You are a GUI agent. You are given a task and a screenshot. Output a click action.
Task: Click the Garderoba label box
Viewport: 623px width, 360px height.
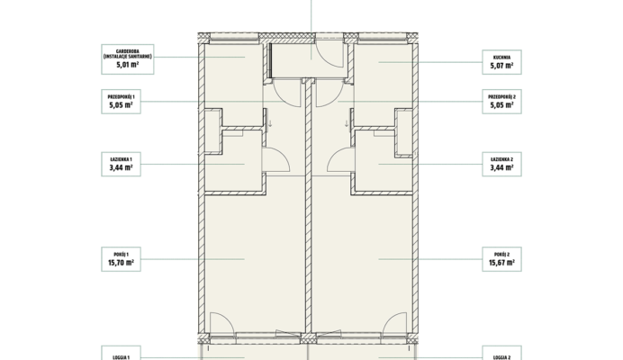(128, 59)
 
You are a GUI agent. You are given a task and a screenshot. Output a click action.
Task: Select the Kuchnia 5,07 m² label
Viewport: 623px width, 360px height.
(501, 62)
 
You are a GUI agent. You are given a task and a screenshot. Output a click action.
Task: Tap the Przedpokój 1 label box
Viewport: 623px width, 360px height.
(122, 102)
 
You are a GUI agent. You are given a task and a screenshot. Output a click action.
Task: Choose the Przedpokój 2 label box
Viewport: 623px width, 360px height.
(501, 102)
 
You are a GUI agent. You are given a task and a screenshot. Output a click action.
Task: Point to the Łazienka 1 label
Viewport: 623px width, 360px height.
(122, 164)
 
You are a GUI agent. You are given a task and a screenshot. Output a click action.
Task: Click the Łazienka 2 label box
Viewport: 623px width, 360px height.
(501, 164)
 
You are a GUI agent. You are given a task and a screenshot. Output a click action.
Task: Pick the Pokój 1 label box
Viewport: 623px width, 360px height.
(122, 259)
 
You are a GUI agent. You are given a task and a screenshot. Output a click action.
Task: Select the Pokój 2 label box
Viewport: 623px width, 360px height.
(501, 259)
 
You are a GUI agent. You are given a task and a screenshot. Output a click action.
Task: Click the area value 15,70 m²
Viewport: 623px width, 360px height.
(122, 263)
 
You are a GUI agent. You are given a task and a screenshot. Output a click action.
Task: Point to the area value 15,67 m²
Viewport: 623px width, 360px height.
(501, 263)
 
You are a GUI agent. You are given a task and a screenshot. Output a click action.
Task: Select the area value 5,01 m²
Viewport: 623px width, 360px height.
(128, 65)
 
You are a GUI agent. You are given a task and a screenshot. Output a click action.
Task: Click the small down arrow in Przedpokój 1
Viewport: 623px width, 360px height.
(270, 123)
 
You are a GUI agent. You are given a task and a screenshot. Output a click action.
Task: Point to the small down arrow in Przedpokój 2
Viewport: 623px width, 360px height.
(347, 123)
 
